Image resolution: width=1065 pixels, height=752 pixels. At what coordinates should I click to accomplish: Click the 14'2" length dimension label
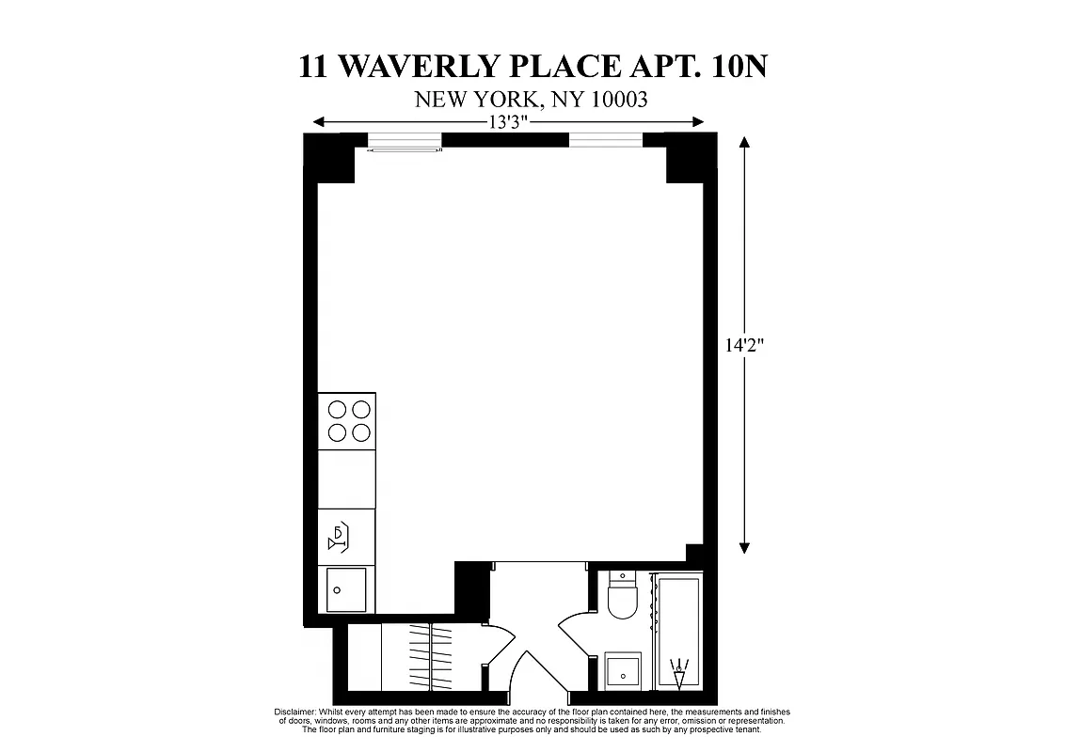[x=743, y=345]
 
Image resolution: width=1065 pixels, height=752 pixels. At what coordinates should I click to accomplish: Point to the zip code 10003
[x=616, y=100]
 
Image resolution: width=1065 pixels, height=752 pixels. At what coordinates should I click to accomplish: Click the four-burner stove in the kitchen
[x=346, y=420]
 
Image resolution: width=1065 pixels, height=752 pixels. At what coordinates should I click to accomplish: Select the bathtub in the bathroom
[x=679, y=634]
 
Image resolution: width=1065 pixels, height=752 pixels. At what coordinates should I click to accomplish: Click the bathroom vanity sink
[x=622, y=671]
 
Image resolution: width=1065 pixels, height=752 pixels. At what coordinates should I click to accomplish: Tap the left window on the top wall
[x=404, y=142]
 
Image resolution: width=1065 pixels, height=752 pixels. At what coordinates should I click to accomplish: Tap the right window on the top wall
[x=605, y=141]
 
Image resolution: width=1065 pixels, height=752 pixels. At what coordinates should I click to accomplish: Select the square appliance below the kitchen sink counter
[x=346, y=589]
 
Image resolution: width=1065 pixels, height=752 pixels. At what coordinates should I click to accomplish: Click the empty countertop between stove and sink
[x=346, y=478]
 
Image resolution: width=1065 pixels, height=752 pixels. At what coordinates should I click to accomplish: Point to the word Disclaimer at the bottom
[x=295, y=713]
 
